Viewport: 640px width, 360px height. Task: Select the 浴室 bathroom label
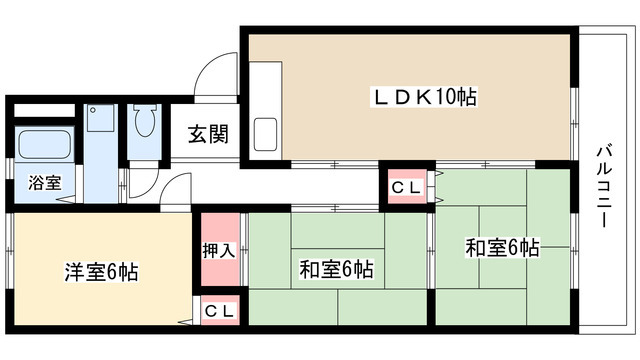pos(43,184)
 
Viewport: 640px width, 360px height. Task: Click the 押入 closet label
pos(220,251)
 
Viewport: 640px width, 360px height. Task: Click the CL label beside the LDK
pos(406,186)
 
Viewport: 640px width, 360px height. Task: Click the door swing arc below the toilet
pos(177,187)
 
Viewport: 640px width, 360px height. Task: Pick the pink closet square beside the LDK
pos(406,186)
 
